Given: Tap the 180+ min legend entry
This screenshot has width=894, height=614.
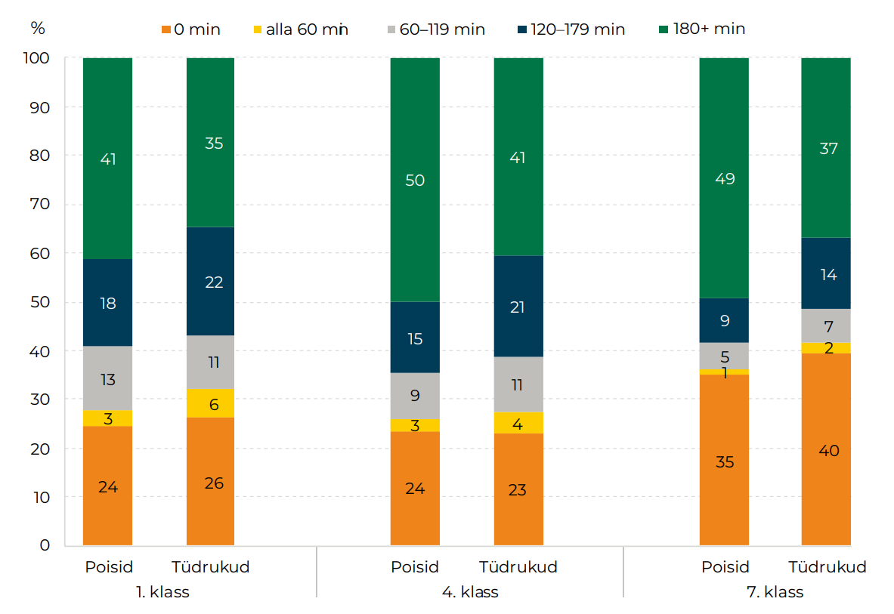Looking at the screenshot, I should coord(703,29).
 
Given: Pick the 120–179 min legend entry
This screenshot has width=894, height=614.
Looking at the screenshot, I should coord(574,29).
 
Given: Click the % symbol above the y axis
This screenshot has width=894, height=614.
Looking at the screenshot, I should coord(38,29).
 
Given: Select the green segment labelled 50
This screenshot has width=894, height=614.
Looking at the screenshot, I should coord(415,180).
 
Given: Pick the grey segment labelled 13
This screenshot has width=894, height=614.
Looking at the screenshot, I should coord(108,378).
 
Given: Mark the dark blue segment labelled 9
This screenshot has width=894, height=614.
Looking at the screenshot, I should coord(724,320).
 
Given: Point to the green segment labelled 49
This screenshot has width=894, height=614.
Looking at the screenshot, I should coord(724,178).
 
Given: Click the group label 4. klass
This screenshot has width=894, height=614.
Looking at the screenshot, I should coord(470,592).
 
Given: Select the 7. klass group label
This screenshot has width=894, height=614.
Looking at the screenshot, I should coord(775,592).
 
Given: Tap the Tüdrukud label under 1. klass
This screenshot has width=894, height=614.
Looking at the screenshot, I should coord(211,567).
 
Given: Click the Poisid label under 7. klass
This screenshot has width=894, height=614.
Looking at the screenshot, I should coord(725,567).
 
